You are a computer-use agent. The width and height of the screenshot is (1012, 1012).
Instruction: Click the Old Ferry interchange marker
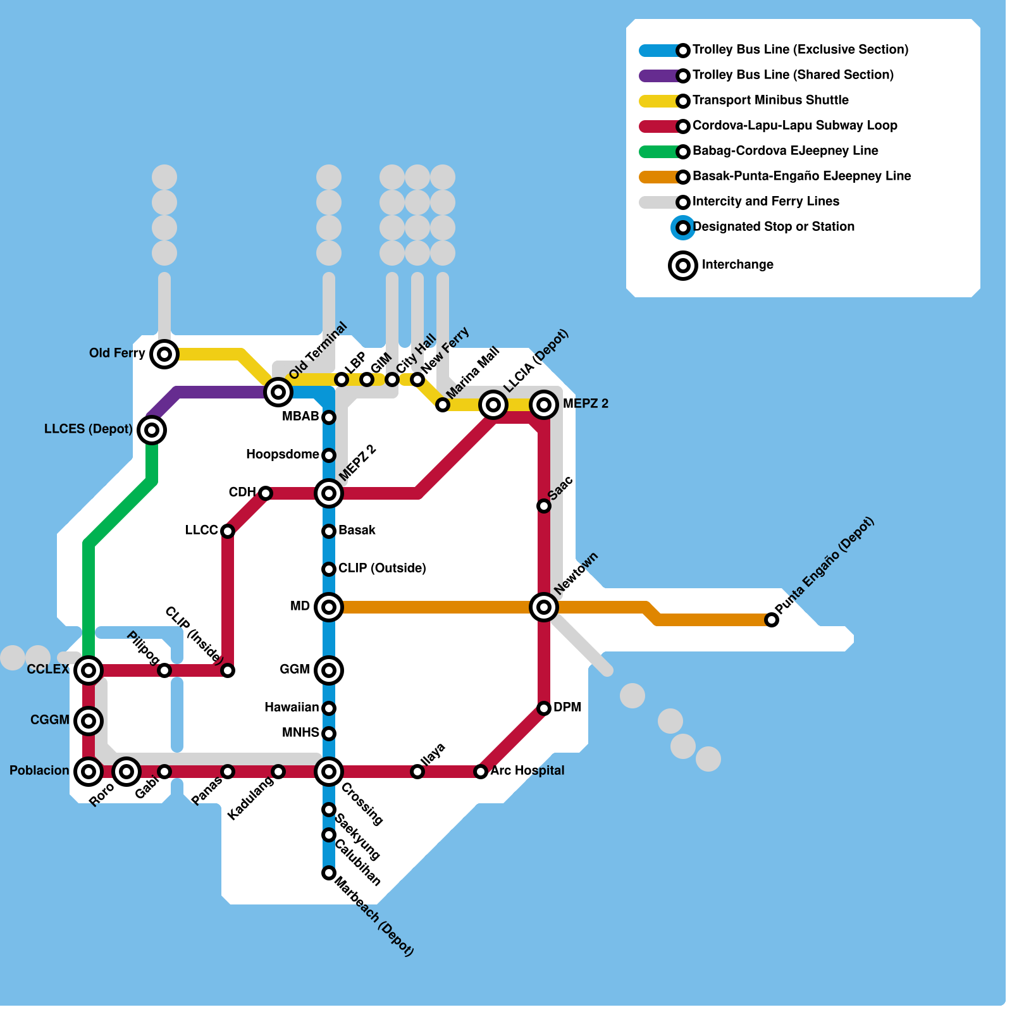[164, 354]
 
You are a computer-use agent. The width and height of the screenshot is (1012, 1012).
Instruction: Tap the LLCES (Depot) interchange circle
[152, 430]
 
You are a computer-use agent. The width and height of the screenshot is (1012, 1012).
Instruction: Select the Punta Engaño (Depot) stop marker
[772, 620]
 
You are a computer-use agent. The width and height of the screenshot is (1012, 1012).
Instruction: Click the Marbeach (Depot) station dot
[329, 873]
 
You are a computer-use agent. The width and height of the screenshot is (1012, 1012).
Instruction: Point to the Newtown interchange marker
[544, 607]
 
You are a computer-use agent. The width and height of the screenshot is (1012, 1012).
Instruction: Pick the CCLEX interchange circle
[89, 670]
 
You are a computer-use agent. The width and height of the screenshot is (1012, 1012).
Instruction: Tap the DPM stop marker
[544, 708]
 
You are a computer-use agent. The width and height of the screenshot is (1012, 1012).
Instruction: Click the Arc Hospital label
[528, 770]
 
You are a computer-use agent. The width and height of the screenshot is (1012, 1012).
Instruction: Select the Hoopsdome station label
[282, 454]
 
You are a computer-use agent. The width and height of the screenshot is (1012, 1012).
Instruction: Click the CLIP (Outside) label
[382, 568]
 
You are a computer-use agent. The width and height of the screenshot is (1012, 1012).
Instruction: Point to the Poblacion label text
[39, 770]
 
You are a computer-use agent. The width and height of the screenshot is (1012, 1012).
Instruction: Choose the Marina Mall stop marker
[443, 405]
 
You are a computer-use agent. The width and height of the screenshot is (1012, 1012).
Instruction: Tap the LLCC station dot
[228, 531]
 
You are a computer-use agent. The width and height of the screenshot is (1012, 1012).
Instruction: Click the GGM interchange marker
[329, 670]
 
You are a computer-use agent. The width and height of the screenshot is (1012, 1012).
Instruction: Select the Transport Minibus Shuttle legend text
[770, 100]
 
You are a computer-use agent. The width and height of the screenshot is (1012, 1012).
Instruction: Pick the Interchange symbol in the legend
[683, 266]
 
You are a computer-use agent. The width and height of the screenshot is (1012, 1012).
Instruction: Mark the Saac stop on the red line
[544, 506]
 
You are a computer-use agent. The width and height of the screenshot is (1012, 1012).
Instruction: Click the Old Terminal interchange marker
[278, 392]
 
